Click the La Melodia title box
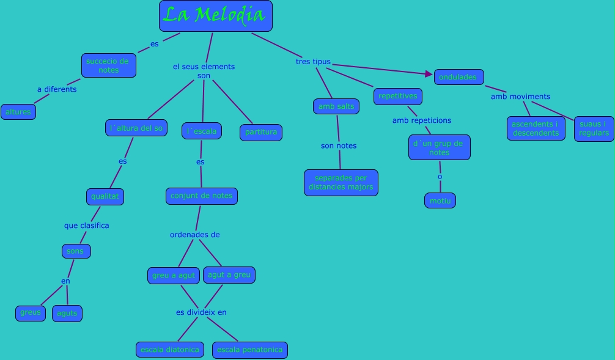point(215,16)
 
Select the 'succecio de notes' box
point(108,65)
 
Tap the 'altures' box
point(18,112)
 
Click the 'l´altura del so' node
point(136,128)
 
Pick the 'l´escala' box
point(201,131)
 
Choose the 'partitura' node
point(260,132)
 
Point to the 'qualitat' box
point(105,197)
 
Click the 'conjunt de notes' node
point(201,196)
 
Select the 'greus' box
point(31,313)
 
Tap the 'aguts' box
point(67,314)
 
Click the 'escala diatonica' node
point(170,350)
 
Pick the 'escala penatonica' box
point(249,350)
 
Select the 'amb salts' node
point(336,106)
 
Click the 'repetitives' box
point(397,96)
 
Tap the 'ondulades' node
point(458,77)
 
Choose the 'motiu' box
point(440,200)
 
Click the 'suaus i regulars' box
point(594,128)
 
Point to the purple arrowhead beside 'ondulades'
point(429,74)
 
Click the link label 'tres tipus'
point(313,62)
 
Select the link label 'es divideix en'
point(201,312)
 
